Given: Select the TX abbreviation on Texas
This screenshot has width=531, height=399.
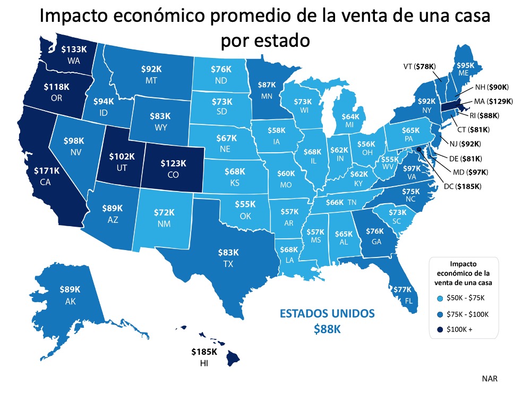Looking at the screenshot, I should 228,264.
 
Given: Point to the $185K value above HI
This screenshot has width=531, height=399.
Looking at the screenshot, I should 204,352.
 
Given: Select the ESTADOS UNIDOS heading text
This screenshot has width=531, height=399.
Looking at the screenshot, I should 327,312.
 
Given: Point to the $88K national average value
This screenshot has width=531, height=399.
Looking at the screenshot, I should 327,329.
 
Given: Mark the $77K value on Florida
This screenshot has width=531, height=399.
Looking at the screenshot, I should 403,289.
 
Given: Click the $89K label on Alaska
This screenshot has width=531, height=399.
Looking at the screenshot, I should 70,289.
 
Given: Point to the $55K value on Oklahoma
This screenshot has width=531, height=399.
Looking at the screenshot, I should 245,204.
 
